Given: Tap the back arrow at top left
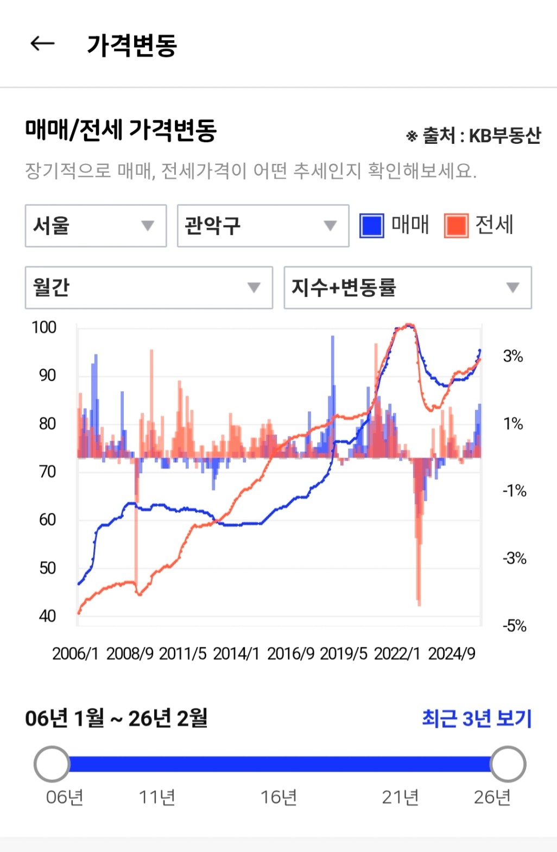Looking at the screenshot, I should click(x=42, y=43).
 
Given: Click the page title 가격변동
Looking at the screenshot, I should click(x=132, y=44).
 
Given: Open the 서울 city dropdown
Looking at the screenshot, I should click(x=96, y=226).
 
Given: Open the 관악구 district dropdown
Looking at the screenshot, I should click(x=263, y=226).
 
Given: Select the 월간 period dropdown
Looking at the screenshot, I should click(x=149, y=288).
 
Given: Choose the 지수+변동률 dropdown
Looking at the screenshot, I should click(x=407, y=288).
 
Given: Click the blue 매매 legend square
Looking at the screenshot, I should click(x=372, y=226).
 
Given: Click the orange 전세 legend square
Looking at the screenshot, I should click(x=456, y=226).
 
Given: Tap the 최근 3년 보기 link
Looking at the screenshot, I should click(x=477, y=719).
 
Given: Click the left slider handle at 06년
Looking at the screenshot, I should click(x=52, y=764).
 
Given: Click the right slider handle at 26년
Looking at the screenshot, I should click(x=508, y=764).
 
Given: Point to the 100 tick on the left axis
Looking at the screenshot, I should click(x=44, y=327).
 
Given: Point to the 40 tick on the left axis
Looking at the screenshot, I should click(x=47, y=616).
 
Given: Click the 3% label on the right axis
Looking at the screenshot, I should click(x=513, y=356).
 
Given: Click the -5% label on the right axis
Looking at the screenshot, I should click(x=514, y=626).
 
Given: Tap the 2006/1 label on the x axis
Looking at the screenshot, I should click(x=75, y=653).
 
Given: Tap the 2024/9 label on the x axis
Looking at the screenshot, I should click(x=452, y=653).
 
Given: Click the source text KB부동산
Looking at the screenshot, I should click(x=505, y=136).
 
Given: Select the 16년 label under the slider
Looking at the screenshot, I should click(x=278, y=797).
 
